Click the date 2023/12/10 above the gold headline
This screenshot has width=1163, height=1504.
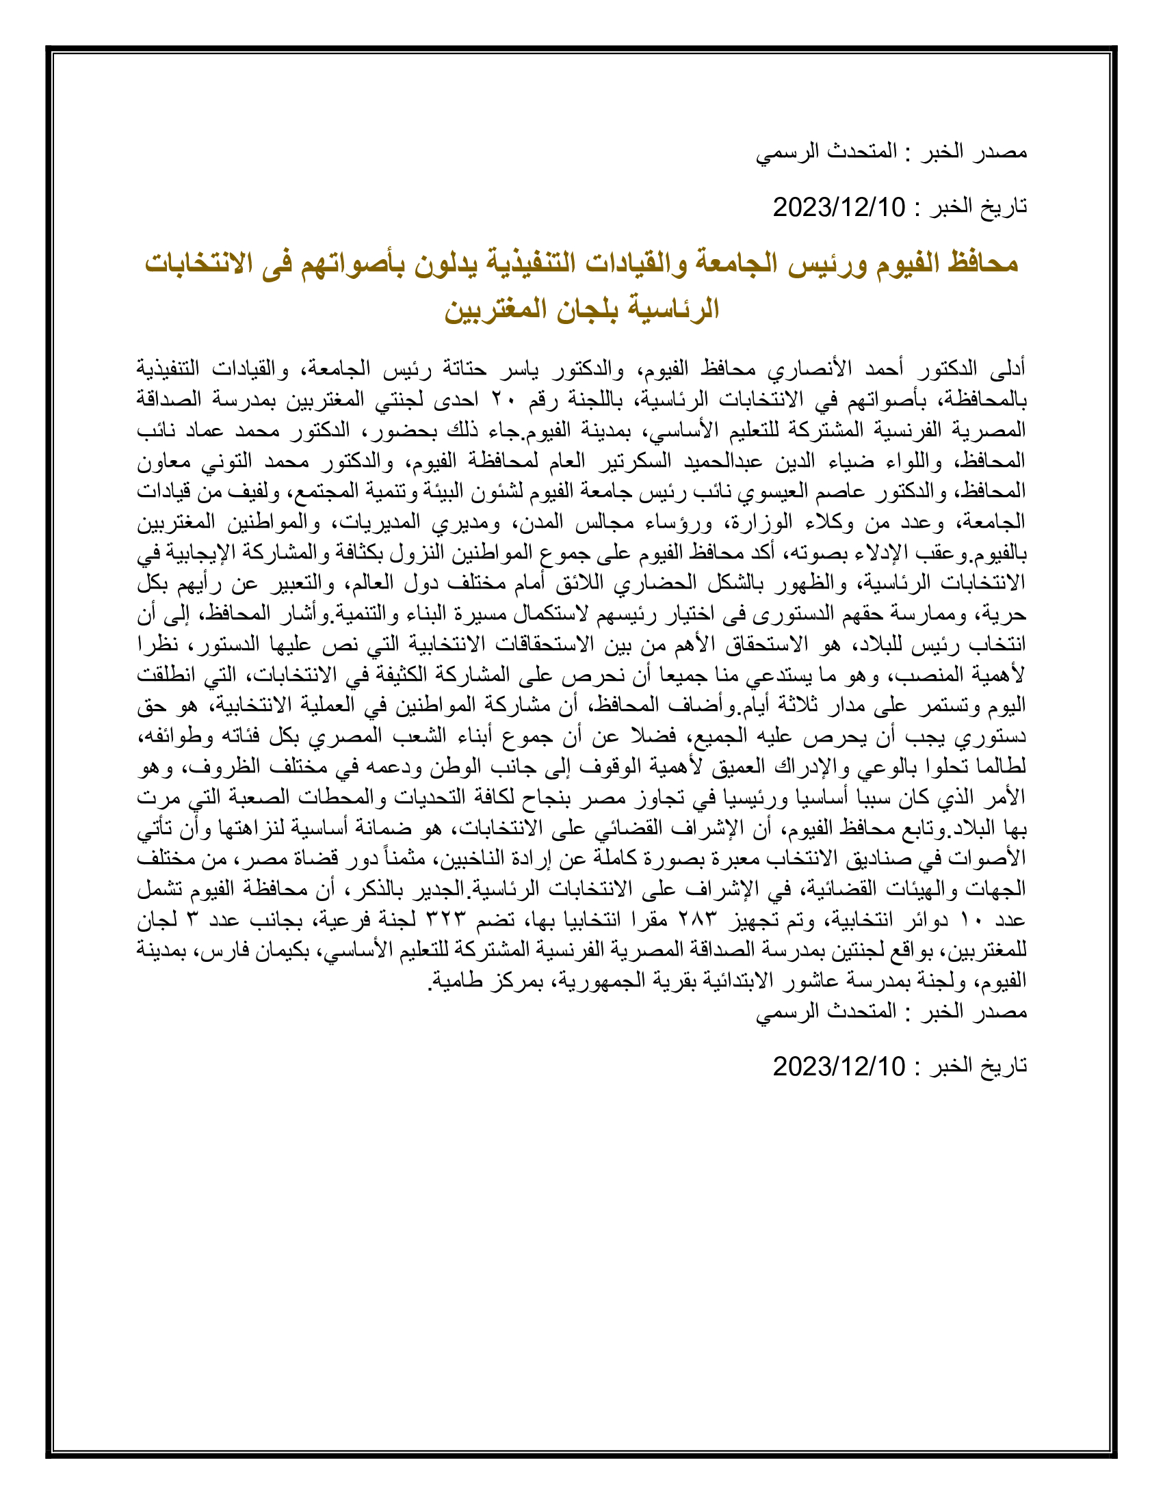coord(839,206)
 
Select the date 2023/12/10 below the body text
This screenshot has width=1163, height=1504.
coord(839,1066)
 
